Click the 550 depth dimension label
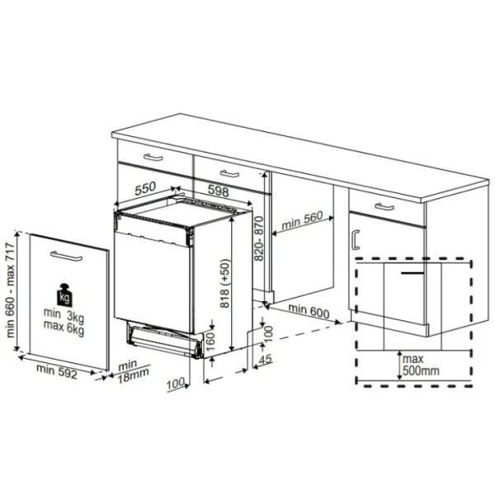(145, 188)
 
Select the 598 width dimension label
(218, 191)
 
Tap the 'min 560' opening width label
(302, 220)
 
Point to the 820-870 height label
(259, 238)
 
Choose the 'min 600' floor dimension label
(309, 311)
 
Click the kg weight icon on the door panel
(64, 295)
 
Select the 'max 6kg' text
(64, 328)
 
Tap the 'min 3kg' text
(64, 316)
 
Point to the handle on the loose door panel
(66, 256)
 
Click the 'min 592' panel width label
(57, 371)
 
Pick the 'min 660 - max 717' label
(11, 290)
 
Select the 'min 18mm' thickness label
(133, 371)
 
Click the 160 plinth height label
(210, 341)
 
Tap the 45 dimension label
(266, 359)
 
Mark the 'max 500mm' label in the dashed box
(421, 365)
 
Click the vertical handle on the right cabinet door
(356, 239)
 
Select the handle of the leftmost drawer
(153, 157)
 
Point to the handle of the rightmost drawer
(384, 207)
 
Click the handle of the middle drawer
(229, 173)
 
